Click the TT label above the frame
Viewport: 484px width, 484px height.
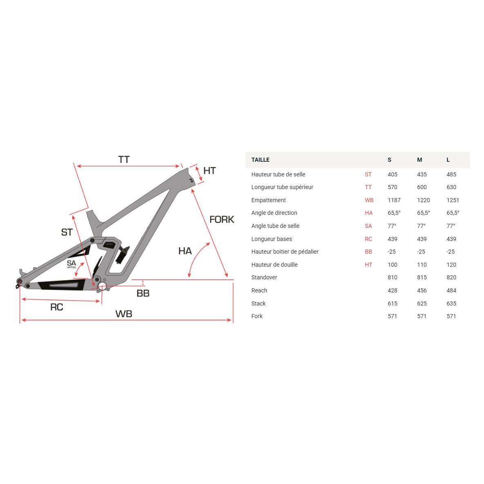(124, 159)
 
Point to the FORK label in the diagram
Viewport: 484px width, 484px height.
(222, 219)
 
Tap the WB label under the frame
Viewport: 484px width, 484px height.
(124, 314)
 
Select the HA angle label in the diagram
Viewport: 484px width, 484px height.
(185, 251)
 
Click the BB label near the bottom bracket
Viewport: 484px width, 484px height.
(143, 293)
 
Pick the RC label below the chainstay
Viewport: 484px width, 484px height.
(57, 307)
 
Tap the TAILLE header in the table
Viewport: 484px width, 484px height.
(261, 160)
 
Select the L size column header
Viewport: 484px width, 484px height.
(448, 160)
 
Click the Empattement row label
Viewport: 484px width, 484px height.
(268, 200)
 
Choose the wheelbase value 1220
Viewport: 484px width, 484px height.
(424, 200)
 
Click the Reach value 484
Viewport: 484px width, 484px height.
(451, 290)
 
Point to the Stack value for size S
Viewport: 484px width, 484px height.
(393, 303)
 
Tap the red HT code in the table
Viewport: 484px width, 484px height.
(368, 265)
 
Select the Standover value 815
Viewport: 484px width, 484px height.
(422, 277)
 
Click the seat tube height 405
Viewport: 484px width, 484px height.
(393, 174)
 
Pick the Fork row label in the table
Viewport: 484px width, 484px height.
(257, 316)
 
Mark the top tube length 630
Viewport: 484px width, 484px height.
(451, 187)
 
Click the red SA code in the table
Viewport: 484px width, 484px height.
(368, 226)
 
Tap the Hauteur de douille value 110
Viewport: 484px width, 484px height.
(422, 265)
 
